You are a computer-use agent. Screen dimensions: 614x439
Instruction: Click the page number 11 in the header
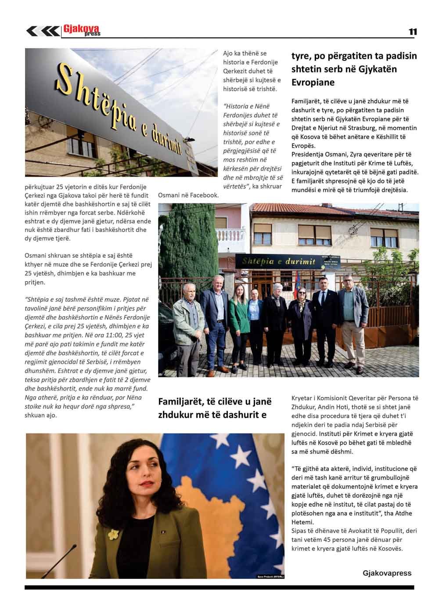tap(413, 32)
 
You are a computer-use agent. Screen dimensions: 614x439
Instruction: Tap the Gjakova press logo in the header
tap(82, 30)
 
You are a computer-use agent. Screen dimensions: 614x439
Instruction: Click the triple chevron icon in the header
tap(43, 31)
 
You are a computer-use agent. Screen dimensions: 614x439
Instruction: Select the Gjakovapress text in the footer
tap(387, 573)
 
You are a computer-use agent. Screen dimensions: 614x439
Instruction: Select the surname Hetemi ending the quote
tap(302, 522)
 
